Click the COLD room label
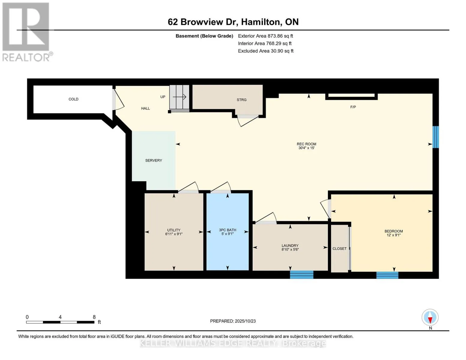[73, 99]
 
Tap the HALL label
[145, 108]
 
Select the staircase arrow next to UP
[180, 97]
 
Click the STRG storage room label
[241, 100]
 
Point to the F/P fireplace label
[353, 107]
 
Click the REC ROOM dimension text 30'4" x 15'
[306, 148]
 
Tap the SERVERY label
[153, 160]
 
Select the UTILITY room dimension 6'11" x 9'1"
[174, 234]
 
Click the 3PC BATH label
[227, 230]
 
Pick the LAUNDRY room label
[290, 245]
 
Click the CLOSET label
[339, 249]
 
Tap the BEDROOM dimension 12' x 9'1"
[394, 235]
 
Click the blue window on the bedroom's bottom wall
[387, 275]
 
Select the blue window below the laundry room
[302, 274]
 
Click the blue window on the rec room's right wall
[435, 137]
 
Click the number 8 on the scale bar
[94, 317]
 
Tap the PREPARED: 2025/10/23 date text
[233, 321]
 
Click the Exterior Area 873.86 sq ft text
[265, 36]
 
